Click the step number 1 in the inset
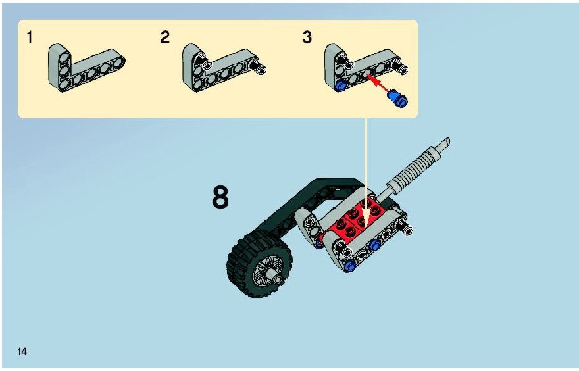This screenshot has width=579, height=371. [x=30, y=37]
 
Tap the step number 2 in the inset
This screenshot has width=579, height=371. [x=164, y=37]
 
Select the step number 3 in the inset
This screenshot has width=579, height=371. [x=307, y=37]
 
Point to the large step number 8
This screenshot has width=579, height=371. [x=220, y=197]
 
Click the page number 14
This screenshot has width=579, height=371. [x=22, y=351]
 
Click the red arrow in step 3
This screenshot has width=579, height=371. [x=378, y=84]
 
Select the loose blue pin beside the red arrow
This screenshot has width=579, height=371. [x=397, y=99]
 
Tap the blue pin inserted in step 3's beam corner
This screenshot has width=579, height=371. [x=340, y=86]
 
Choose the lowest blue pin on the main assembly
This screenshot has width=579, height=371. [x=349, y=266]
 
